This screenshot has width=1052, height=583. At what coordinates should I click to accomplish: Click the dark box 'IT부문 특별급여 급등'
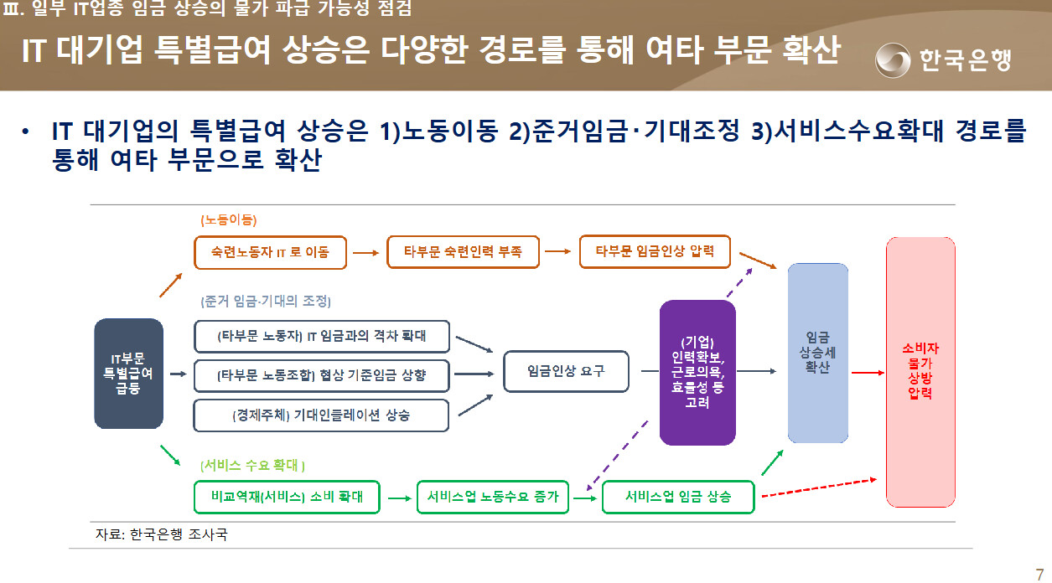129,374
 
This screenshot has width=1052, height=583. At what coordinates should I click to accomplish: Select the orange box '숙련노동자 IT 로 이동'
270,252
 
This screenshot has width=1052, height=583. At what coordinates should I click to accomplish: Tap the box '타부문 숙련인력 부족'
463,252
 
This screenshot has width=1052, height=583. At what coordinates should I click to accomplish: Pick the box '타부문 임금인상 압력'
656,251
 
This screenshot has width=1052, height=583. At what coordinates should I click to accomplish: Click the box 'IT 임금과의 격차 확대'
322,336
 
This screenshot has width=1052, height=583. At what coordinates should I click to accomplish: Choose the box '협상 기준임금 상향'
322,375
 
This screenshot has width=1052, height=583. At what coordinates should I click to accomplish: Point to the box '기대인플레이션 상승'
321,415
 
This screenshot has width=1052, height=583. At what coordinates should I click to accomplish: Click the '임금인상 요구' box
566,371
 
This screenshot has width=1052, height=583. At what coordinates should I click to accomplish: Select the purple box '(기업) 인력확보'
697,372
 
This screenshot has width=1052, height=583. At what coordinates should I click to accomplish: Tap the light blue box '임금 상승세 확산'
817,353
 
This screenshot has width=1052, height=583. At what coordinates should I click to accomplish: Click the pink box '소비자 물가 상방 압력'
920,372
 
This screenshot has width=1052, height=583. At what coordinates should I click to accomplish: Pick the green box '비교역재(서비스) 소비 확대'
287,497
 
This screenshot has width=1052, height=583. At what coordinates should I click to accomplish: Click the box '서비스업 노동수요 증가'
493,497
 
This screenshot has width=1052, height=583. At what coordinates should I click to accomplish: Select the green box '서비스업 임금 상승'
678,497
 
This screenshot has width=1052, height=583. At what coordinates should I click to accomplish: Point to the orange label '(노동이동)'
229,219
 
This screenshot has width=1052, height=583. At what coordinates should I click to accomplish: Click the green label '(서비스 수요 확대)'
252,465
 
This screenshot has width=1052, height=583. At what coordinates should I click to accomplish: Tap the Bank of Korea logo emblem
893,59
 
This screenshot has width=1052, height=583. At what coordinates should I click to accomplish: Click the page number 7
1039,575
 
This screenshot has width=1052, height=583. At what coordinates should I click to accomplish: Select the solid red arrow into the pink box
868,373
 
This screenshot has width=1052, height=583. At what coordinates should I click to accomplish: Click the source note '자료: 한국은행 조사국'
162,534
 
